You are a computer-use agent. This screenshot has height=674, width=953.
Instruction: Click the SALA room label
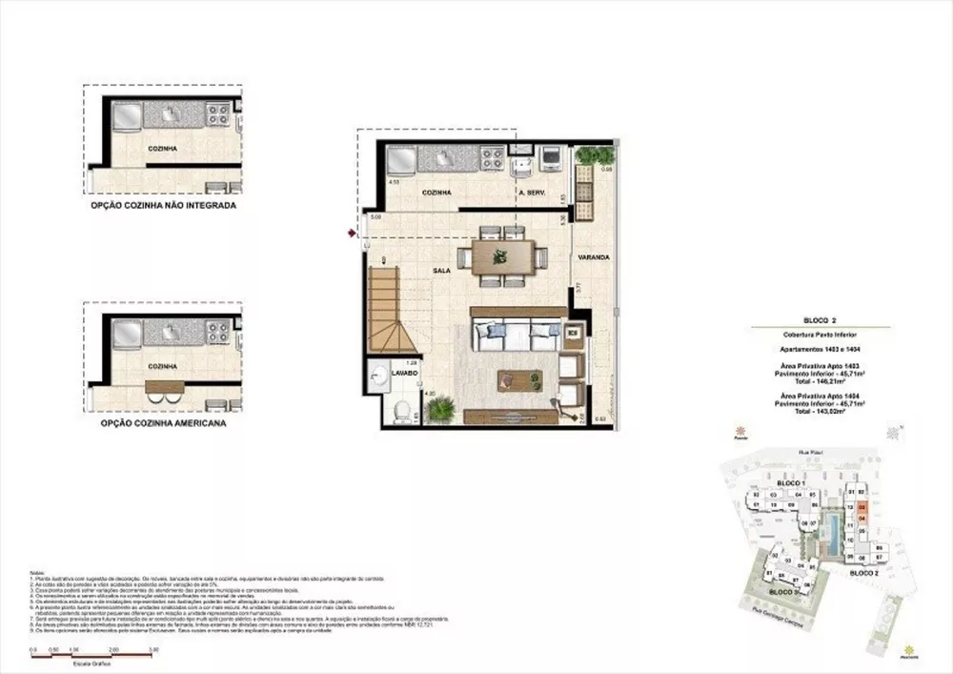(x=441, y=271)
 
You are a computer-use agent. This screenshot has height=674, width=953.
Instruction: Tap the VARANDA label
(x=593, y=257)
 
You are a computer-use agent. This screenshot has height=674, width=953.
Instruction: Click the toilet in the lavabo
(x=402, y=412)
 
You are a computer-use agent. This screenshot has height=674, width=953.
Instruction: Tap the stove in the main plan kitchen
(x=493, y=158)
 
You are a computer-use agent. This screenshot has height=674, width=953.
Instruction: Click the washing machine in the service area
(x=551, y=158)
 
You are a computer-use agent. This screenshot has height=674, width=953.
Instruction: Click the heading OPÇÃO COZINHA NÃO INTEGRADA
(x=163, y=205)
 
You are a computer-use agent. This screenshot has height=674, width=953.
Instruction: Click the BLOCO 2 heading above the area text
(x=821, y=321)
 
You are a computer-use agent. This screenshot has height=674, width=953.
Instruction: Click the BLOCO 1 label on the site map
(x=791, y=484)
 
